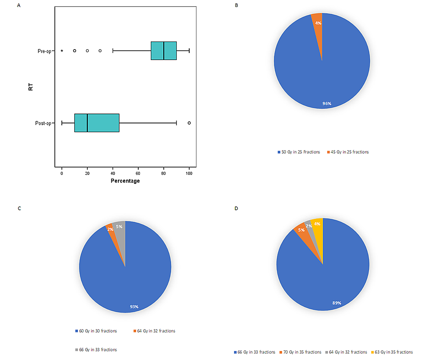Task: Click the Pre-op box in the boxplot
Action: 164,51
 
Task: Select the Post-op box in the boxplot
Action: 97,123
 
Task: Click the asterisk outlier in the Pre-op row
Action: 62,51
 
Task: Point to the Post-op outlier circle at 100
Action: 189,123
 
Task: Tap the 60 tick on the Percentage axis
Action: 138,173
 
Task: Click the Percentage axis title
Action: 125,181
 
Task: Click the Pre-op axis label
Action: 44,51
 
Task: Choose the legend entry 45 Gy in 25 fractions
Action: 349,152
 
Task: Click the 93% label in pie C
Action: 134,306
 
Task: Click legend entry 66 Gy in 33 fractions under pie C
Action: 95,350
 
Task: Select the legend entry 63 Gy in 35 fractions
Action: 392,352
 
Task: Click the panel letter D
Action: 235,208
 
